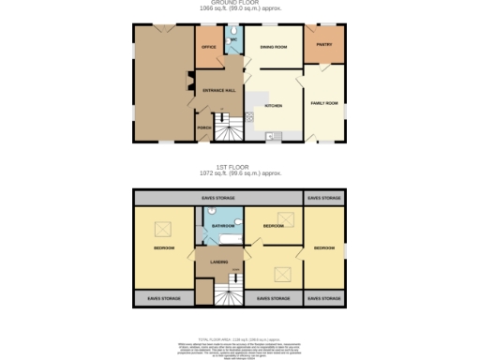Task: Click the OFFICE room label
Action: pyautogui.click(x=209, y=46)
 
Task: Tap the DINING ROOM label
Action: pyautogui.click(x=273, y=46)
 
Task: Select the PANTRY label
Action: pyautogui.click(x=324, y=44)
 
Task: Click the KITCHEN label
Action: pyautogui.click(x=273, y=107)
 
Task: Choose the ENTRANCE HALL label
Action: pyautogui.click(x=219, y=90)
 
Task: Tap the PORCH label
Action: pyautogui.click(x=202, y=127)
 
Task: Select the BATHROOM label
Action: pyautogui.click(x=222, y=227)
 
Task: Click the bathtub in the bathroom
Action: pyautogui.click(x=225, y=240)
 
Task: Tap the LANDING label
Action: pyautogui.click(x=218, y=262)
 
